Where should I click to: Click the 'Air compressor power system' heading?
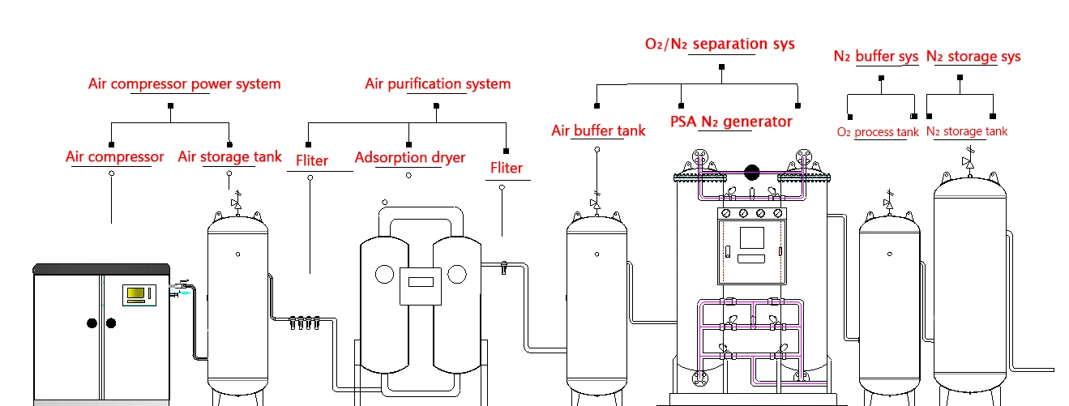tap(184, 84)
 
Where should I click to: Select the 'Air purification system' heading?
tap(438, 84)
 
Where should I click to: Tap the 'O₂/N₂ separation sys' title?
tap(720, 44)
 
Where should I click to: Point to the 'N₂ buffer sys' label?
tap(876, 57)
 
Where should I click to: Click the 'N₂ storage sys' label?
tap(973, 57)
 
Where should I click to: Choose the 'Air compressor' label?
tap(115, 157)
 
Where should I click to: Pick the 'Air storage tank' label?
tap(230, 157)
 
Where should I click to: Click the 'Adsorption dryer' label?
tap(410, 157)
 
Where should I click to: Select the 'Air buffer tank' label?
tap(598, 130)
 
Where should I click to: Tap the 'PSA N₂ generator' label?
tap(731, 122)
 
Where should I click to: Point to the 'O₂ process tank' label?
tap(878, 132)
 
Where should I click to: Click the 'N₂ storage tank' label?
tap(967, 131)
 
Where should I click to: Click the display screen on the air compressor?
tap(137, 293)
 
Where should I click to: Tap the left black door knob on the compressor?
tap(92, 323)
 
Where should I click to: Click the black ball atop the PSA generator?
tap(751, 172)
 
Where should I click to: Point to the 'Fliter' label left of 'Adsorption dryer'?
tap(312, 161)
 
